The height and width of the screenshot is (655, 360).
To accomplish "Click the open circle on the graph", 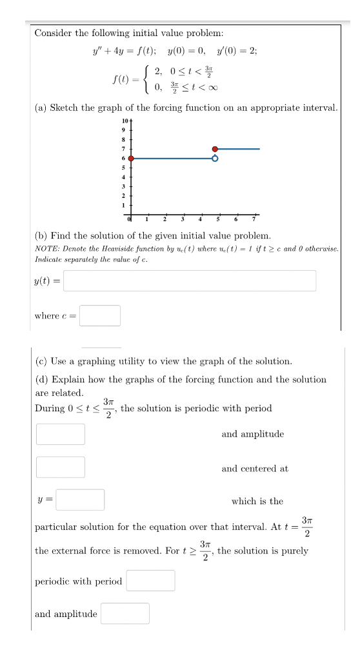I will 215,158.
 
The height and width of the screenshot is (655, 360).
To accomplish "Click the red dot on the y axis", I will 131,158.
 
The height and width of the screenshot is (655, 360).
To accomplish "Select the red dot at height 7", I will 215,149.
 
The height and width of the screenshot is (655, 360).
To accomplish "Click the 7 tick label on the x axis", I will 254,219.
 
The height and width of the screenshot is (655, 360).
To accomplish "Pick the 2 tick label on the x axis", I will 164,219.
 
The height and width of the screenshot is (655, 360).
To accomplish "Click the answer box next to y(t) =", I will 190,280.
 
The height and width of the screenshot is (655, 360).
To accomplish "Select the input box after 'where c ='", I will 100,315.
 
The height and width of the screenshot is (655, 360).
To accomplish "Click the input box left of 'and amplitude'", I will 61,434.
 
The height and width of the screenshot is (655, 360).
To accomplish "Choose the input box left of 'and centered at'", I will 61,467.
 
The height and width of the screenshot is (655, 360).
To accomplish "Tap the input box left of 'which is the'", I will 80,500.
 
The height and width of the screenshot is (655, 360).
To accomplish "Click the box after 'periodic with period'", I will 150,581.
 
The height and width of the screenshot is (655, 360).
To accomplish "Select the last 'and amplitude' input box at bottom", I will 125,613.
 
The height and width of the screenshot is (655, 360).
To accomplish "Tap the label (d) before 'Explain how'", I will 41,379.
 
